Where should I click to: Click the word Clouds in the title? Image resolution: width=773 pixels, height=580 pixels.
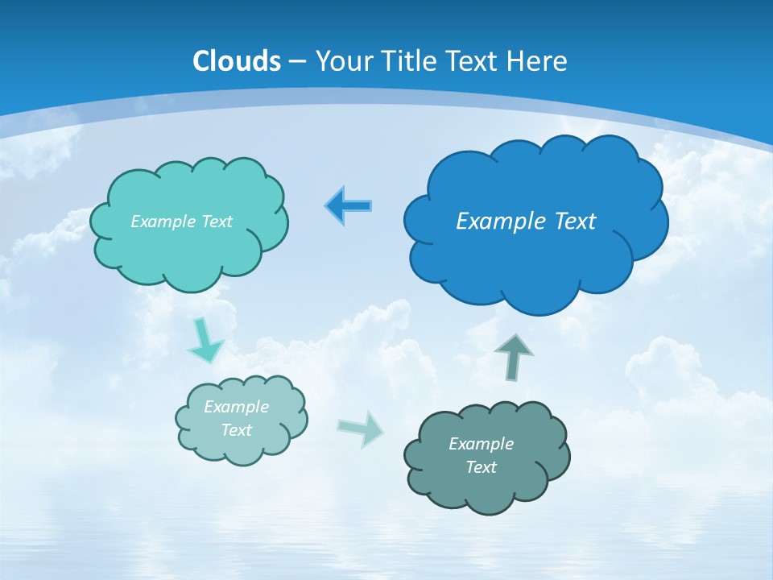(237, 61)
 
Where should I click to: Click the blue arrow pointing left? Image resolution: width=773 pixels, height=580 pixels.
(349, 206)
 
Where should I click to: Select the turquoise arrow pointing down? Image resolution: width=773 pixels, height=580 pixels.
(204, 343)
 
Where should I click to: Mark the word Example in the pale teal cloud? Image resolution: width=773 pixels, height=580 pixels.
(236, 407)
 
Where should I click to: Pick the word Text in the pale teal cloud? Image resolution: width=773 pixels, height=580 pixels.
(236, 430)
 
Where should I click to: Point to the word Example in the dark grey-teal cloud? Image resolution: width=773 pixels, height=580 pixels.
(481, 444)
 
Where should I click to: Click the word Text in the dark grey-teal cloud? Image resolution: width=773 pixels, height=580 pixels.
(481, 467)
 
